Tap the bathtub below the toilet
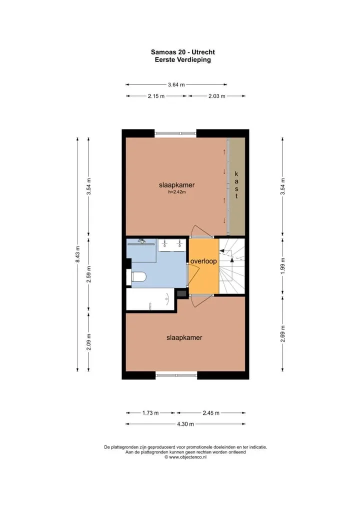[150, 299]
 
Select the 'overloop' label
[203, 261]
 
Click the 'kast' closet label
[236, 185]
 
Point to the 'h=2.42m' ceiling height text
[177, 192]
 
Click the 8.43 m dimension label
[77, 254]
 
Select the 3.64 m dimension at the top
[176, 84]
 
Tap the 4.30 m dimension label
[185, 424]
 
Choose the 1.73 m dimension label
[150, 413]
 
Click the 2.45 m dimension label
[211, 413]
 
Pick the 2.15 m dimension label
[156, 96]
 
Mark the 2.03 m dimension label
[217, 96]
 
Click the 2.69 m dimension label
[282, 333]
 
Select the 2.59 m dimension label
[88, 274]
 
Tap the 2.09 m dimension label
[88, 342]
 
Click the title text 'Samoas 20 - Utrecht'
[183, 52]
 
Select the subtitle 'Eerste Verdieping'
[183, 59]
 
